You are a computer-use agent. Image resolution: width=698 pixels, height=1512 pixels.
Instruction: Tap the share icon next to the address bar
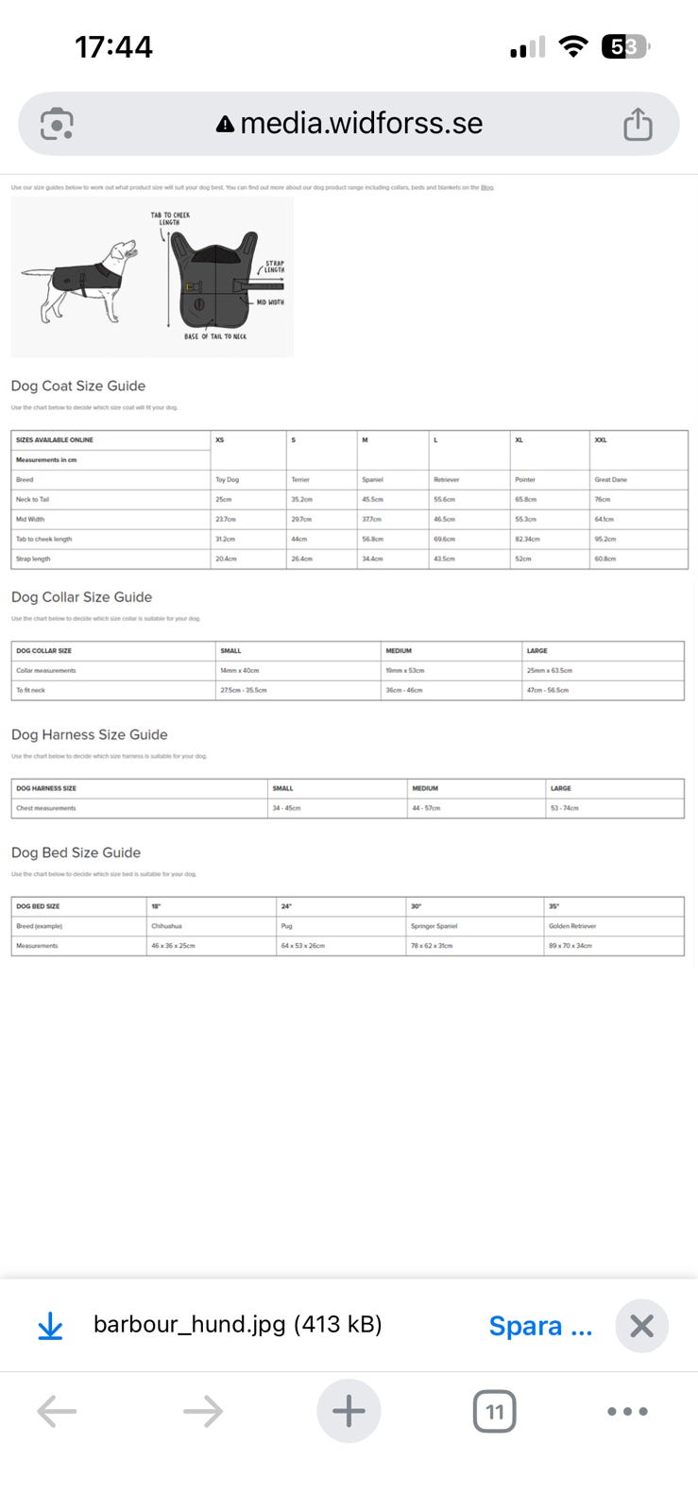(x=638, y=124)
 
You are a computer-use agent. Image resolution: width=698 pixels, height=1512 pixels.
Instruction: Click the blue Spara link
(x=540, y=1326)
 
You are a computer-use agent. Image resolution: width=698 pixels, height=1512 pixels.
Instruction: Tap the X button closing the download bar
(x=641, y=1326)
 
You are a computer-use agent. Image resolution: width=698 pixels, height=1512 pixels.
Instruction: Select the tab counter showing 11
(x=494, y=1412)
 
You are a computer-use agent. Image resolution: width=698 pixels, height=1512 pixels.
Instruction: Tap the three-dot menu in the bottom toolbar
(x=627, y=1412)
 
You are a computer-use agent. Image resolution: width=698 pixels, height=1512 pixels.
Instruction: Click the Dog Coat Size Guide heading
(x=78, y=386)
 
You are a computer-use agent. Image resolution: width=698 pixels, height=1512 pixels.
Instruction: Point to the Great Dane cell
(x=611, y=480)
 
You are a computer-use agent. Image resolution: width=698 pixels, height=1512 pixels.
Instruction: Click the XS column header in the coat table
(x=220, y=440)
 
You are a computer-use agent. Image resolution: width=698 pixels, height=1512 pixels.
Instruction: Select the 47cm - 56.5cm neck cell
(x=548, y=691)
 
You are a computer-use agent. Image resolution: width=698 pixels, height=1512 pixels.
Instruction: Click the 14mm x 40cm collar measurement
(x=240, y=671)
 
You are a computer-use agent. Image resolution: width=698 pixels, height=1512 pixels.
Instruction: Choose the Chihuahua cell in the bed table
(x=167, y=927)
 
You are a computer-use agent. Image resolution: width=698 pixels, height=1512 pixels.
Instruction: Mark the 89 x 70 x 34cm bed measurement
(x=570, y=946)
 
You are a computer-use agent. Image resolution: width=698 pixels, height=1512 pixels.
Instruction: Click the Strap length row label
(x=33, y=559)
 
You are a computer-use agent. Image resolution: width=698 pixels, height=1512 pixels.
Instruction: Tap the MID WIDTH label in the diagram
(x=270, y=302)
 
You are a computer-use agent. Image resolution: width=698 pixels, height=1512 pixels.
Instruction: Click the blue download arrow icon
(x=50, y=1328)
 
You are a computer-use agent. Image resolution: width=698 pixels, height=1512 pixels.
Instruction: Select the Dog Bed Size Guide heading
(x=76, y=852)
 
